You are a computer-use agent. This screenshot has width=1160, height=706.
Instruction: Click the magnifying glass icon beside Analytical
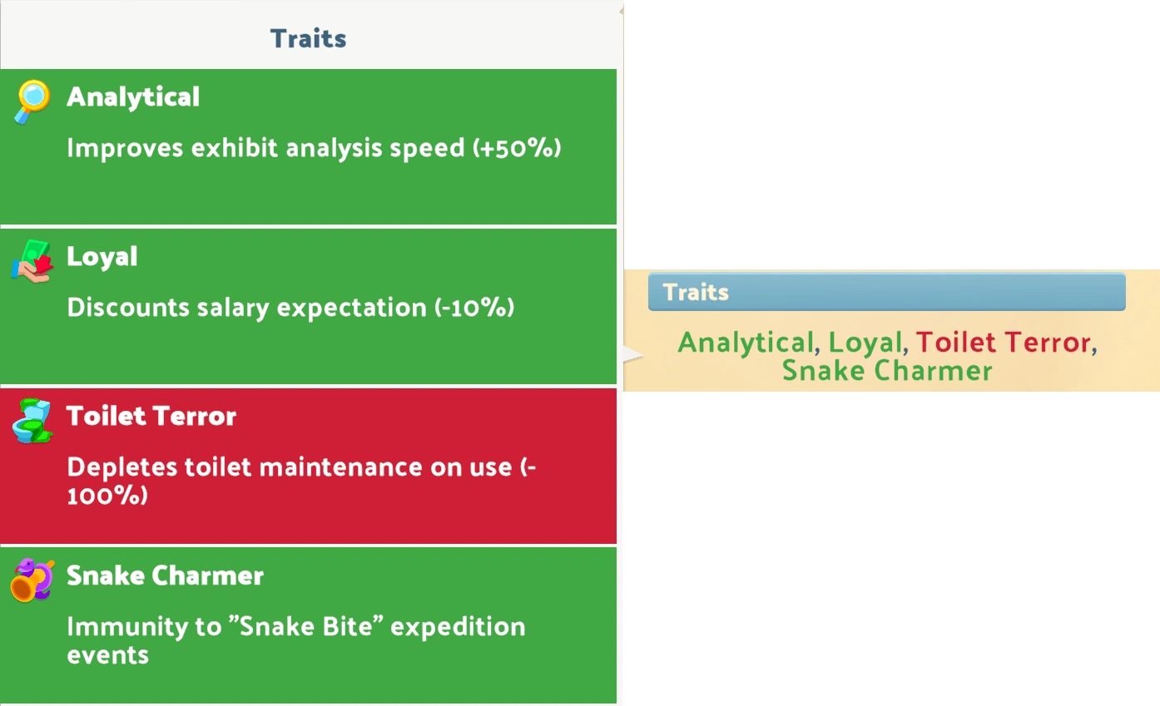tap(32, 101)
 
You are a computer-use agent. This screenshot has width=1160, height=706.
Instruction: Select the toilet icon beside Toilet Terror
tap(32, 421)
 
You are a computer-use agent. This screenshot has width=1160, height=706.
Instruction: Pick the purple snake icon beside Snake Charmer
tap(32, 580)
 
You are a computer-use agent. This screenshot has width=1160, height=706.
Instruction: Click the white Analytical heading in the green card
tap(133, 97)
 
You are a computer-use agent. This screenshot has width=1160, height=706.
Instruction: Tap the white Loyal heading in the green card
tap(102, 257)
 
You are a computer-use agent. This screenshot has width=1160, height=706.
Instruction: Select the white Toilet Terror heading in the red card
tap(151, 416)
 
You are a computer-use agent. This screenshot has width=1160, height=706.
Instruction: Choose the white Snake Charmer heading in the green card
tap(166, 575)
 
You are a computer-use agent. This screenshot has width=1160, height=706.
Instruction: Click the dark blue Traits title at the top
tap(308, 38)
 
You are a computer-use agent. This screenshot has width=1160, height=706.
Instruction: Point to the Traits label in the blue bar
tap(696, 292)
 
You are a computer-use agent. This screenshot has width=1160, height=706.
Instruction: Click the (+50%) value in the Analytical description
tap(517, 148)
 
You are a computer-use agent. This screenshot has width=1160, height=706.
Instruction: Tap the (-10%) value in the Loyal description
tap(474, 308)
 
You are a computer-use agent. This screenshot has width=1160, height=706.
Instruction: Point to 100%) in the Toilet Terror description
tap(107, 496)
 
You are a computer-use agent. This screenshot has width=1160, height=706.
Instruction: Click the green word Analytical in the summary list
tap(746, 342)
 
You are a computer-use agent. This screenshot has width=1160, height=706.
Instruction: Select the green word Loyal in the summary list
tap(865, 342)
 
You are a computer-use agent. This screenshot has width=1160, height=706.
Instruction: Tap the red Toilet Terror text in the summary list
tap(1004, 342)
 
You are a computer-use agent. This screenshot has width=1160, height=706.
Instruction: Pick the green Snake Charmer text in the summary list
tap(887, 371)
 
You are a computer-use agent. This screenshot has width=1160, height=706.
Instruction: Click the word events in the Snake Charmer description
tap(107, 655)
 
